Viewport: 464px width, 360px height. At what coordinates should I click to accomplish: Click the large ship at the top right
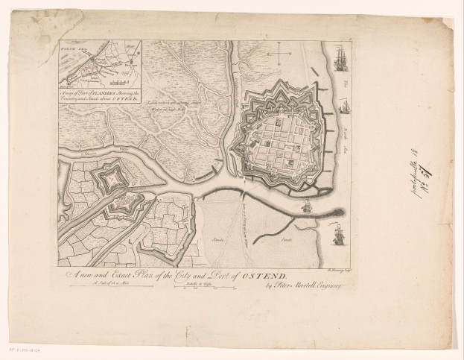(341, 58)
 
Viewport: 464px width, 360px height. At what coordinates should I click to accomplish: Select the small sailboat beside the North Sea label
(344, 107)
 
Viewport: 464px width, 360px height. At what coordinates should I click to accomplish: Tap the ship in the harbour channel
(306, 207)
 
